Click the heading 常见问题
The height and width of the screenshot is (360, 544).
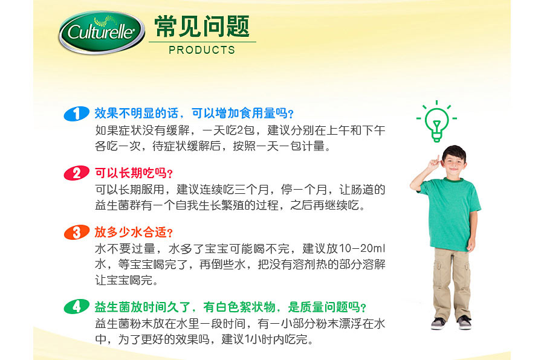point(202,25)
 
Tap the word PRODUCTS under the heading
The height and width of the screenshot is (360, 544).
point(202,50)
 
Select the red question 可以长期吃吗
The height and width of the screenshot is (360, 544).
point(134,173)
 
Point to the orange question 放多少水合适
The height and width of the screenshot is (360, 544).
point(134,232)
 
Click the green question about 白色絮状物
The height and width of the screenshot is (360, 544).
point(230,307)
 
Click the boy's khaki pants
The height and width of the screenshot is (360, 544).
point(452,281)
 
